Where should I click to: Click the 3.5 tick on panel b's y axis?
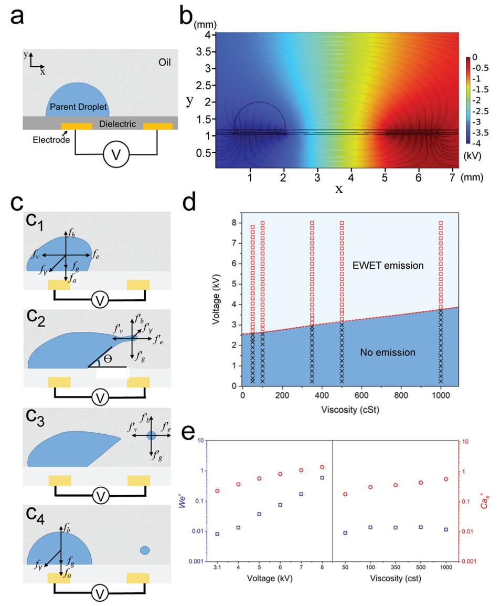pyautogui.click(x=207, y=53)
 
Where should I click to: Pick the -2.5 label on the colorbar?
pyautogui.click(x=483, y=111)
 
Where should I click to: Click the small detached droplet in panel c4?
pyautogui.click(x=145, y=550)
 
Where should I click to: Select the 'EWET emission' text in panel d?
pyautogui.click(x=389, y=266)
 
